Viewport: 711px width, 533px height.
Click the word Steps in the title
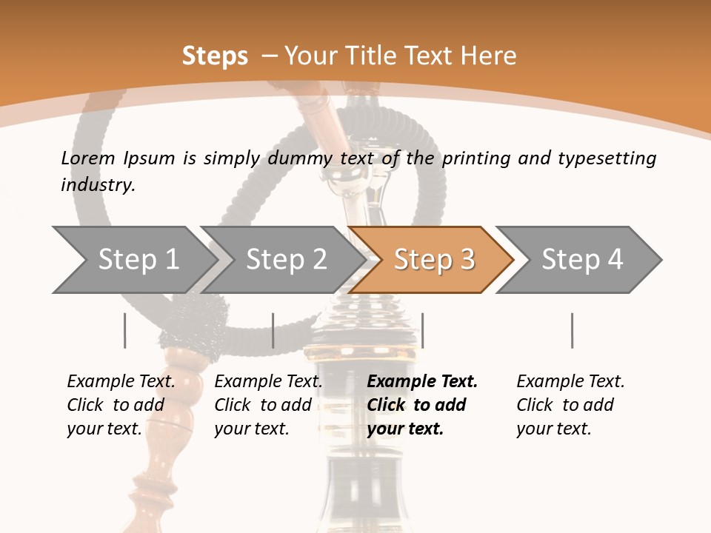[x=215, y=56]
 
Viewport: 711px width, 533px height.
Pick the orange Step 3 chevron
[x=434, y=260]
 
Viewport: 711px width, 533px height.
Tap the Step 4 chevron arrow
[x=582, y=260]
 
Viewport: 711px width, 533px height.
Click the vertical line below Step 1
[x=125, y=330]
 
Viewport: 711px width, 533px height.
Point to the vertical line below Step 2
[x=273, y=330]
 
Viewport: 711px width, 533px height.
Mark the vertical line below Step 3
[x=422, y=330]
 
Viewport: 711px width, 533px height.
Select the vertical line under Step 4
[x=572, y=330]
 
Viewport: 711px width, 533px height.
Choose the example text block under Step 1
[x=121, y=405]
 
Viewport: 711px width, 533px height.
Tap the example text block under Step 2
[x=268, y=405]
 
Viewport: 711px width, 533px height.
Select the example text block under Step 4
[x=570, y=405]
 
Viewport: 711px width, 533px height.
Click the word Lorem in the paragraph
[x=88, y=158]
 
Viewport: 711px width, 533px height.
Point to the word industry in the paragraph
[x=98, y=185]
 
